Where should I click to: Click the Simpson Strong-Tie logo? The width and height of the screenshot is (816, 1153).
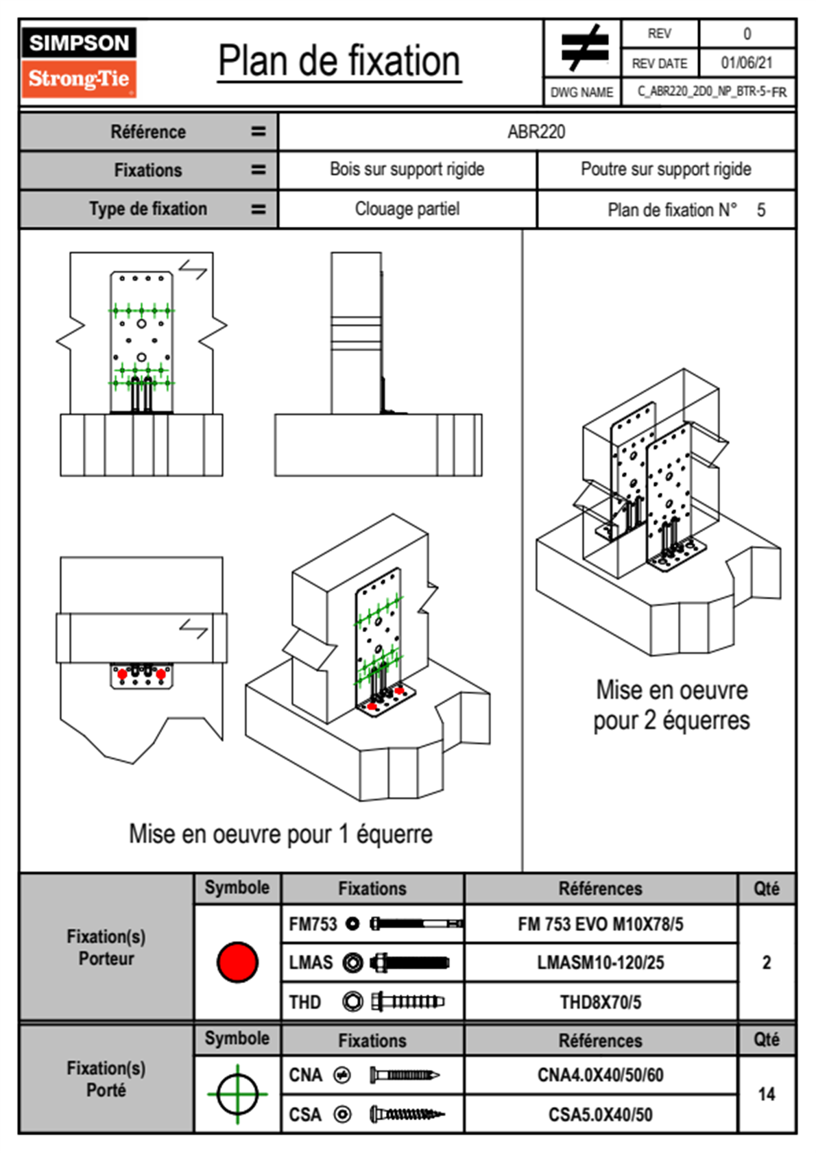click(78, 62)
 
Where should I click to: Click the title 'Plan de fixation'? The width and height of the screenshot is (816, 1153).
click(339, 62)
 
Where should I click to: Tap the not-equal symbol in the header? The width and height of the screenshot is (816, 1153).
click(584, 48)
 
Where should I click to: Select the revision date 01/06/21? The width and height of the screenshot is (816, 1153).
click(746, 63)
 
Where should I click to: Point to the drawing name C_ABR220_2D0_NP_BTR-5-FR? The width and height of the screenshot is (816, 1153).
click(711, 92)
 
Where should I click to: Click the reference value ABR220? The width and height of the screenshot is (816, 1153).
click(536, 132)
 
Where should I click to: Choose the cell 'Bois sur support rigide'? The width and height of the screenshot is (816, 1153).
click(407, 169)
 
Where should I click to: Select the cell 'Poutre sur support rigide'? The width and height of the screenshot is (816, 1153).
click(665, 169)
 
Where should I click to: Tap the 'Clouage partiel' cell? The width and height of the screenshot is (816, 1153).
click(407, 208)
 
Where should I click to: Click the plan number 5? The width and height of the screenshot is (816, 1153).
click(760, 210)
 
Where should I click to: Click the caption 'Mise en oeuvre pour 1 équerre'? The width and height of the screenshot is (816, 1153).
click(280, 834)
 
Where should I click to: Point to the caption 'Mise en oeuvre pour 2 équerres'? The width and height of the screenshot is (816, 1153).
click(671, 705)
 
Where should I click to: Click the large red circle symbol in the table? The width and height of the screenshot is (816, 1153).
click(237, 962)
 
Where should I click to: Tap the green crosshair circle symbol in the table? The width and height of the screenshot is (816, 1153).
click(237, 1094)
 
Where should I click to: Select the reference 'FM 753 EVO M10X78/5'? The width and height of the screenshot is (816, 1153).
click(600, 924)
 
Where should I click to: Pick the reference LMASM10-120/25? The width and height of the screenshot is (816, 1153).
click(600, 962)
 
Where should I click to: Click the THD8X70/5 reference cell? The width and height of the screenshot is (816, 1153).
click(600, 1002)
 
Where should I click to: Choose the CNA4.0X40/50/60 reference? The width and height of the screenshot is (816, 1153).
click(600, 1075)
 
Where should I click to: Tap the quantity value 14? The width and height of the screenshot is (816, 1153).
click(766, 1094)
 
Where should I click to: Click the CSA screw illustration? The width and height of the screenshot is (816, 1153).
click(406, 1115)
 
